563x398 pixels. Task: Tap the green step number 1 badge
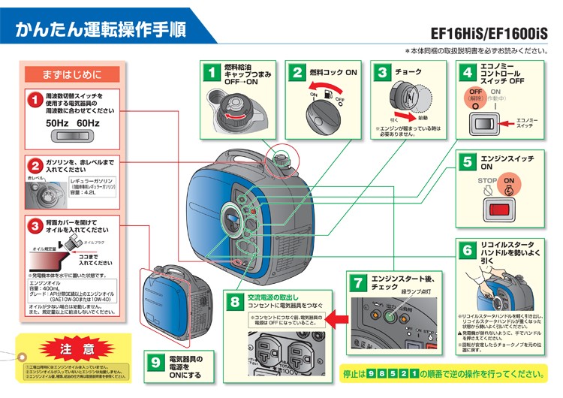tap(212, 73)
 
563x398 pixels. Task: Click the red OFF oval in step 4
tap(475, 94)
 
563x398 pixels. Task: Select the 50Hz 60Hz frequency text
tap(72, 122)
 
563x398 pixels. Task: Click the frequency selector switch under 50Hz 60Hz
tap(72, 137)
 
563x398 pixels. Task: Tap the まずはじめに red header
tap(73, 74)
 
